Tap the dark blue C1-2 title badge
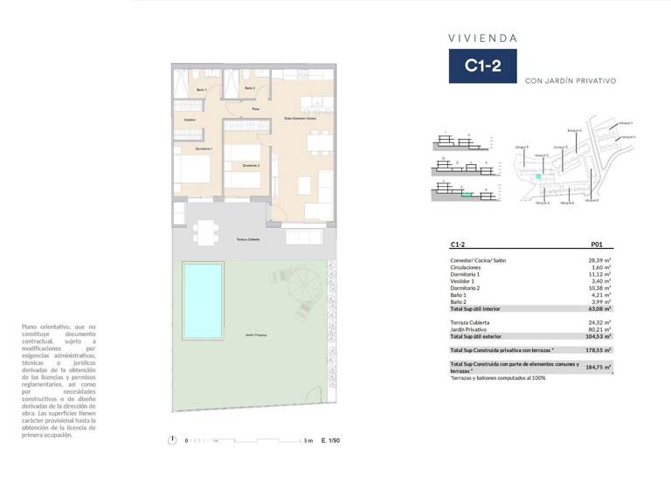pyautogui.click(x=482, y=65)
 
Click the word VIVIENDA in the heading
pyautogui.click(x=482, y=38)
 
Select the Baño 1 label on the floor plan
pyautogui.click(x=200, y=90)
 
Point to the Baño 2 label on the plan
pyautogui.click(x=249, y=88)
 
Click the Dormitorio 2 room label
pyautogui.click(x=251, y=165)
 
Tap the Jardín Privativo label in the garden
pyautogui.click(x=256, y=335)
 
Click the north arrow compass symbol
pyautogui.click(x=174, y=440)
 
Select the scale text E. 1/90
pyautogui.click(x=330, y=440)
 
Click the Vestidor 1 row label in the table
pyautogui.click(x=462, y=281)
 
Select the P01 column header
pyautogui.click(x=598, y=245)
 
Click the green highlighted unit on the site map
pyautogui.click(x=539, y=177)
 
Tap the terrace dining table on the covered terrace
pyautogui.click(x=207, y=231)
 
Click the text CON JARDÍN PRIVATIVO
pyautogui.click(x=571, y=81)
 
